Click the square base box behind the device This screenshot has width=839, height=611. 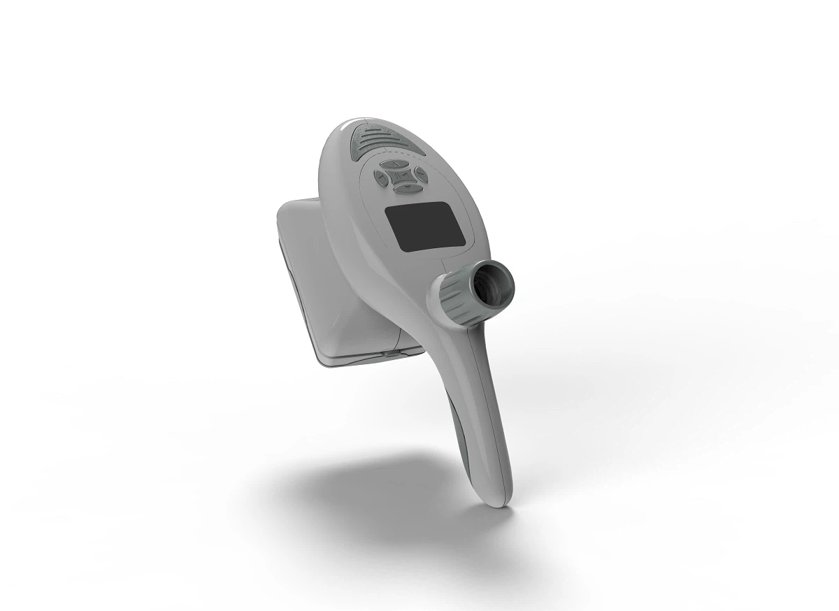click(x=315, y=280)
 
